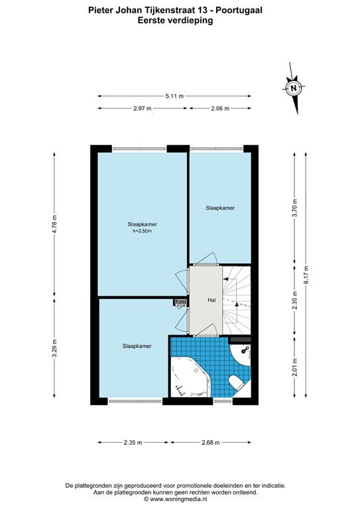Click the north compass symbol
tap(292, 87)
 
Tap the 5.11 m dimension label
tap(176, 95)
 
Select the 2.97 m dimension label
tap(142, 108)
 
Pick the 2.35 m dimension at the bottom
tap(133, 443)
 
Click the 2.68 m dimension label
tap(211, 443)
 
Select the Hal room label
tap(211, 300)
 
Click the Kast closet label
tap(180, 302)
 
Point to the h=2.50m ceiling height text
tap(143, 231)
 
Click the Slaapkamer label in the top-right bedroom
tap(220, 208)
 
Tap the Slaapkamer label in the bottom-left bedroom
tap(137, 346)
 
